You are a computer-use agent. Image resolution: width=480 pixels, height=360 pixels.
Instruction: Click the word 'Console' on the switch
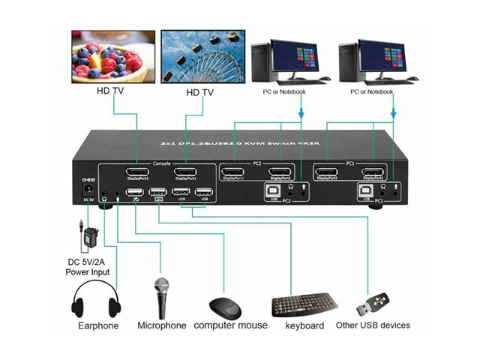(x=161, y=162)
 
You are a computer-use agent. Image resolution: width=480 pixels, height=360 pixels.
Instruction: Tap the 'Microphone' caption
(x=161, y=325)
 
